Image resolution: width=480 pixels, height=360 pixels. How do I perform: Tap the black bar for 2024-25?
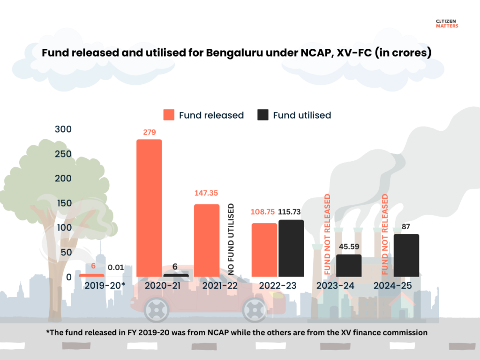(x=406, y=255)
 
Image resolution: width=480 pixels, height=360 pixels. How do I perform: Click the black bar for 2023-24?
(x=349, y=265)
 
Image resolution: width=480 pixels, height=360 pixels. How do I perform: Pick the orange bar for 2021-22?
(x=207, y=240)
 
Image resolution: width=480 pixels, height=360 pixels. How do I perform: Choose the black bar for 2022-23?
(x=291, y=248)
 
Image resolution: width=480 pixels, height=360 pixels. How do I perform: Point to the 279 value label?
(x=149, y=132)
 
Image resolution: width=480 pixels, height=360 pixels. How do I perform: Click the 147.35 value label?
(x=207, y=193)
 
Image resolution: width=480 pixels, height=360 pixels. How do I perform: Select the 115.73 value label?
(x=291, y=212)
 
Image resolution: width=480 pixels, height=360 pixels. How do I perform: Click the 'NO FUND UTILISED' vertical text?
(x=231, y=239)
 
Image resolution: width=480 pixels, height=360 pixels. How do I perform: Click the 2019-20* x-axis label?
(x=104, y=285)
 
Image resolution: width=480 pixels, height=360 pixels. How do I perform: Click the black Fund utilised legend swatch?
(x=263, y=115)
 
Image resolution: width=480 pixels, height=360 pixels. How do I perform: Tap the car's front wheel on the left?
(x=157, y=309)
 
